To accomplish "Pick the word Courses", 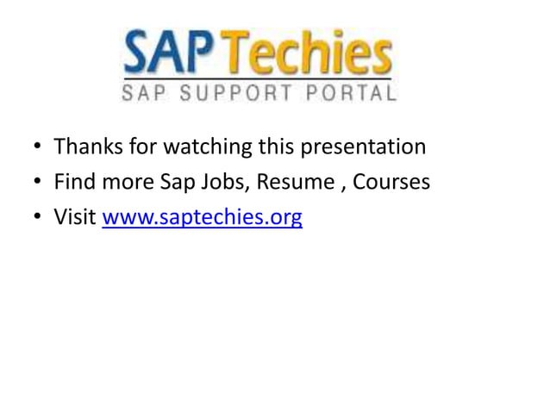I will (389, 183).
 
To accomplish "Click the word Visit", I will (74, 218).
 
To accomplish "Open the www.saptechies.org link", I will (202, 219).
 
